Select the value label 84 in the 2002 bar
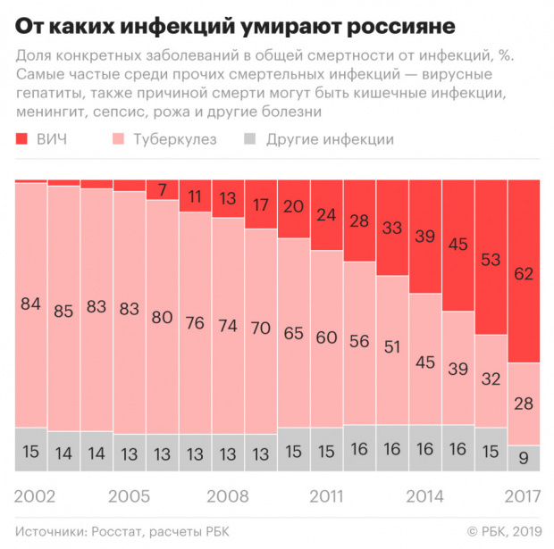point(31,304)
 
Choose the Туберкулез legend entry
point(165,140)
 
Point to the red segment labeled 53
point(490,259)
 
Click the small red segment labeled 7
point(162,189)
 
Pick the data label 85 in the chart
point(64,312)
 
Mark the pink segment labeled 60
point(326,337)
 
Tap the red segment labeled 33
point(391,228)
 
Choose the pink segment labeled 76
point(195,322)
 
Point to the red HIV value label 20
point(293,206)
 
